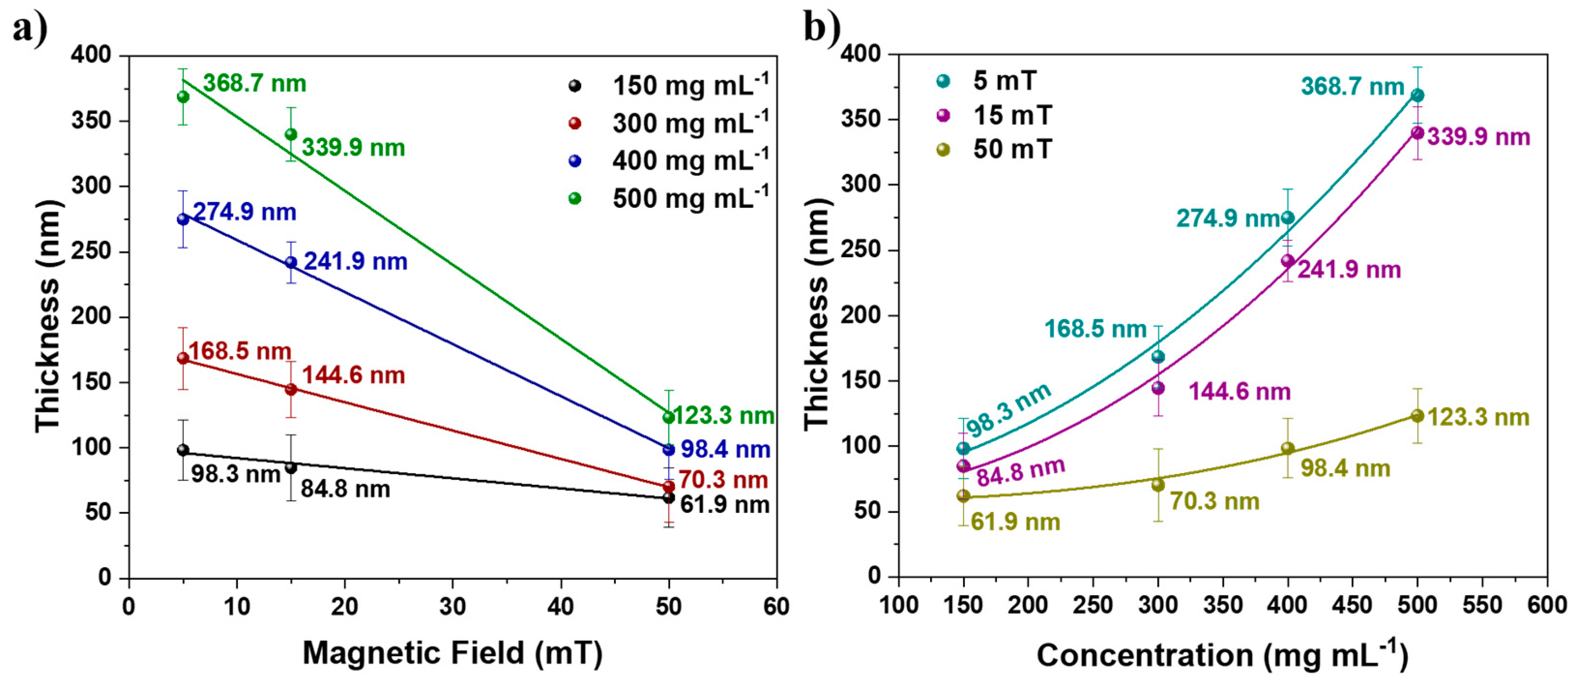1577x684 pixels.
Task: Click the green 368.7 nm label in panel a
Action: pos(254,83)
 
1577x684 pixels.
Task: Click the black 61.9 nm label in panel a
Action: pos(725,505)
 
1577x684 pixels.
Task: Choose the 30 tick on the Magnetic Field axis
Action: pos(453,606)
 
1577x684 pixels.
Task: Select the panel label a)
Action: pos(30,28)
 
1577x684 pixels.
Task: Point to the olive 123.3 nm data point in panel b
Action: pos(1417,416)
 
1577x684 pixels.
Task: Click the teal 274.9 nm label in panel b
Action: pos(1227,218)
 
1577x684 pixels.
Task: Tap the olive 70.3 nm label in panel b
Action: pos(1214,501)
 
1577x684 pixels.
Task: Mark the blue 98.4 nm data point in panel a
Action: pos(669,450)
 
